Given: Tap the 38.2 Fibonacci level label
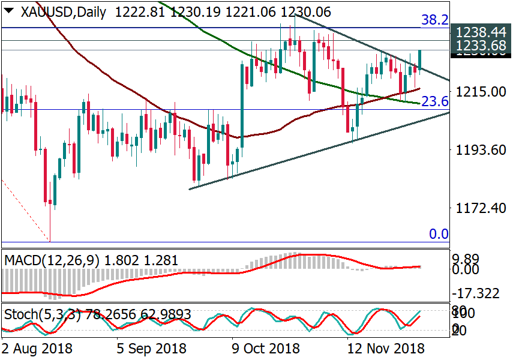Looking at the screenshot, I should click(x=434, y=20).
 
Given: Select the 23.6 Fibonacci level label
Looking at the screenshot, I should click(x=434, y=102).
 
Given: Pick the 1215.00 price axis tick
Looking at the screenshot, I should click(x=479, y=92).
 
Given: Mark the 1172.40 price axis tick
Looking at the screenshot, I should click(x=479, y=208).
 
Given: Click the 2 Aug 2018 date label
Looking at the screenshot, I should click(x=37, y=348).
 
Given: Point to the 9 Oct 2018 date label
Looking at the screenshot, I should click(x=266, y=348).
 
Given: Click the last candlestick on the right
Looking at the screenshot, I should click(x=420, y=59).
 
